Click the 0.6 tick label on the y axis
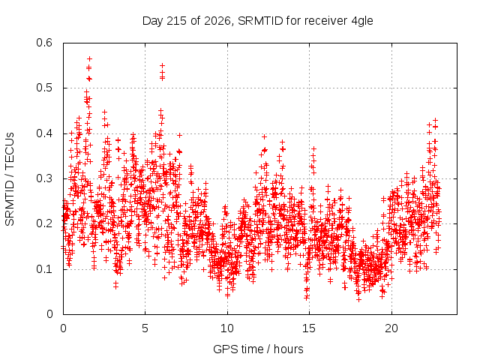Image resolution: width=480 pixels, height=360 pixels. (44, 43)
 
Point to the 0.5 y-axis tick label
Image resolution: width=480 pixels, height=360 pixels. (44, 88)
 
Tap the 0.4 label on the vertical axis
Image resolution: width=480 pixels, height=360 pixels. (44, 133)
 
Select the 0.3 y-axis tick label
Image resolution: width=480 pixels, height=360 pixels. (44, 178)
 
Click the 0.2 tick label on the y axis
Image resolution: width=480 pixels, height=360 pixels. (44, 223)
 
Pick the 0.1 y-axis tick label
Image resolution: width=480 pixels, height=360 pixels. (44, 269)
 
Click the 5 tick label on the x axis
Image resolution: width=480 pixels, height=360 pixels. (145, 328)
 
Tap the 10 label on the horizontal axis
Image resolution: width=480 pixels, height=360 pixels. (227, 328)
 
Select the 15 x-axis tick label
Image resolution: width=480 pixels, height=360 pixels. (309, 328)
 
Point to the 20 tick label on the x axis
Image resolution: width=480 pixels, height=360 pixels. (391, 328)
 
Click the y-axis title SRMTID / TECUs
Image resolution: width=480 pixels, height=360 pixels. (10, 179)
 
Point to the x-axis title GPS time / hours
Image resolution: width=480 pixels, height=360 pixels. (258, 349)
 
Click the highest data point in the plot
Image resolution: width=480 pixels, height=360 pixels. (89, 58)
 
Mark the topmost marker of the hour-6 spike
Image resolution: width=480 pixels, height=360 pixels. (162, 65)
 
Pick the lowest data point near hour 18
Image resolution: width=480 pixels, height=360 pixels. (358, 299)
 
